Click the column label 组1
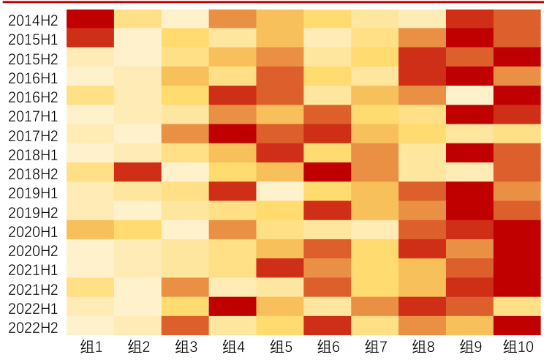coord(90,346)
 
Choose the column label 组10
coord(518,346)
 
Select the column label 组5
coord(280,346)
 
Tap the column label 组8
coord(423,346)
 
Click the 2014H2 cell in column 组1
coord(90,19)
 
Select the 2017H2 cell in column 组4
coord(233,134)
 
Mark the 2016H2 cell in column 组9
coord(470,96)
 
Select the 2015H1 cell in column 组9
coord(470,38)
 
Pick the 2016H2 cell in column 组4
coord(233,96)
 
